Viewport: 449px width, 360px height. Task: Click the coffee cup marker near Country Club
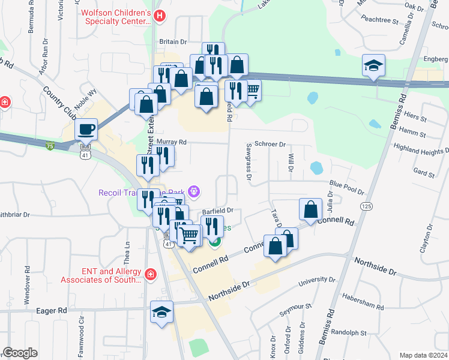tap(86, 129)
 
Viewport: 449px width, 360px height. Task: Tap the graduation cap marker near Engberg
tap(373, 65)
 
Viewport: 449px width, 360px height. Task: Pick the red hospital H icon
tap(158, 16)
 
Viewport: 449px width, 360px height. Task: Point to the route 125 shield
tap(366, 206)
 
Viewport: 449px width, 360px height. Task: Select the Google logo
tap(20, 353)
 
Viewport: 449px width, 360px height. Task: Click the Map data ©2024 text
tap(423, 355)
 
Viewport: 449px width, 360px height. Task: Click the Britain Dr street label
tap(174, 41)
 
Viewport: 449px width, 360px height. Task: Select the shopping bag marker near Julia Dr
tap(311, 209)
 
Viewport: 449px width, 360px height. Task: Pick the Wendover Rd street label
tap(27, 284)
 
